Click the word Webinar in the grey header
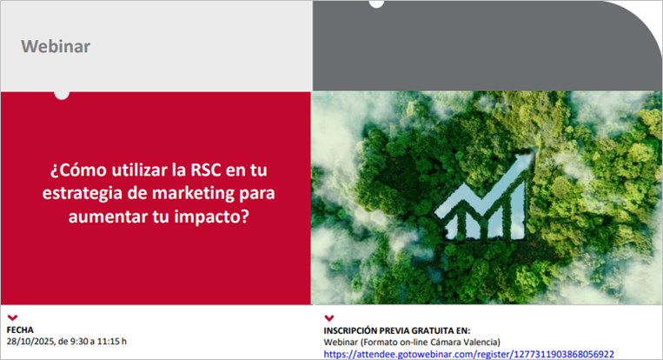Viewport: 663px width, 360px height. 56,46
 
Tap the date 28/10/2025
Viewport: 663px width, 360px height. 29,342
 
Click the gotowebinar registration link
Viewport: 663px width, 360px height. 468,354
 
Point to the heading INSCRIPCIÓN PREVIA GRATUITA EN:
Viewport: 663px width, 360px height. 396,330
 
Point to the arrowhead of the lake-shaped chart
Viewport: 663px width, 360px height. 524,163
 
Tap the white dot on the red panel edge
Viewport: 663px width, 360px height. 62,93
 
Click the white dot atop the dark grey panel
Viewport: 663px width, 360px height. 376,3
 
